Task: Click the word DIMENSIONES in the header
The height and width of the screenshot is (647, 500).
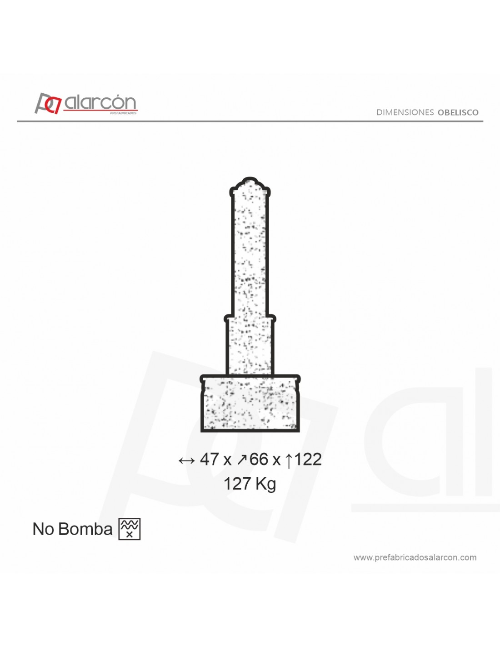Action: (x=405, y=112)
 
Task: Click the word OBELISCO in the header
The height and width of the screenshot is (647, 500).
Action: (x=458, y=112)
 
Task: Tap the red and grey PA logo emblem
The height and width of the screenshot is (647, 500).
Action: (x=48, y=103)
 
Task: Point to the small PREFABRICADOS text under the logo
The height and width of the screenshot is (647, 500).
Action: (x=123, y=113)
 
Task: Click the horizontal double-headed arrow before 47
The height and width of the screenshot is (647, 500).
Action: (x=186, y=460)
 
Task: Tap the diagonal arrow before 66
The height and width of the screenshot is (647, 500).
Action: (x=242, y=460)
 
